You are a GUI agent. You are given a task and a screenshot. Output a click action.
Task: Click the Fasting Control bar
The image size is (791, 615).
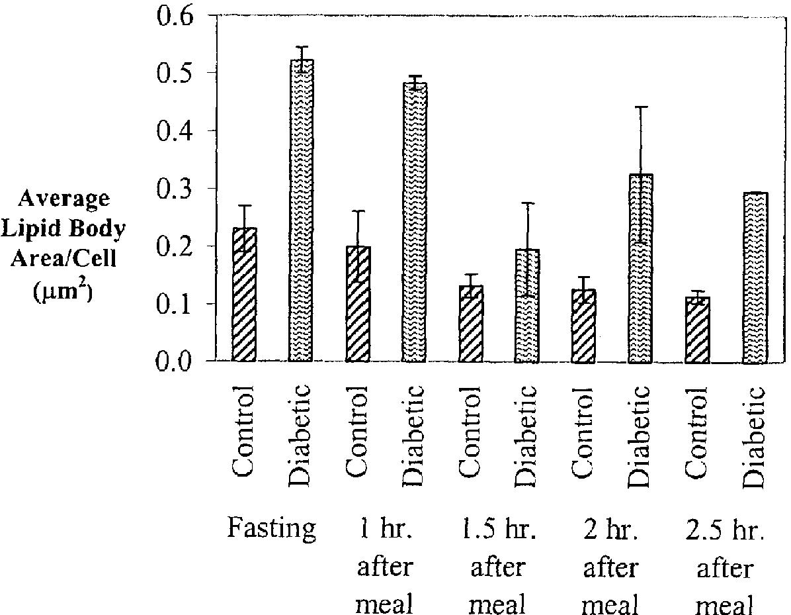click(244, 295)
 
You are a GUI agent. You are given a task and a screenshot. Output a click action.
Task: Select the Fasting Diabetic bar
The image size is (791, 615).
click(301, 211)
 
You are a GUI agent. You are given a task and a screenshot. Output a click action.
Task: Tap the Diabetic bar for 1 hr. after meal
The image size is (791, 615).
click(415, 222)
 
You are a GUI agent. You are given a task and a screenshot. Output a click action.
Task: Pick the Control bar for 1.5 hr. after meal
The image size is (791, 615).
click(471, 324)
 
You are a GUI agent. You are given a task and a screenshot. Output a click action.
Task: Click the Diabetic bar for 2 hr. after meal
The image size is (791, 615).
click(641, 268)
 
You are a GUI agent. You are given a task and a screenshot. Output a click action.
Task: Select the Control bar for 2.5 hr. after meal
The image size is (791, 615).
click(697, 330)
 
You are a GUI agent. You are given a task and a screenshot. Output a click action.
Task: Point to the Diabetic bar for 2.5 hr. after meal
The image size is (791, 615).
click(755, 277)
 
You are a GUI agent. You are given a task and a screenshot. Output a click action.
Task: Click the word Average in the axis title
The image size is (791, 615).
click(63, 199)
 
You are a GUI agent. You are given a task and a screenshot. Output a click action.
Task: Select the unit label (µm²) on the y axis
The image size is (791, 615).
click(63, 291)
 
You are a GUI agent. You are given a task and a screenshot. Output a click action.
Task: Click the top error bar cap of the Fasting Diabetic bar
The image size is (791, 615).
click(302, 46)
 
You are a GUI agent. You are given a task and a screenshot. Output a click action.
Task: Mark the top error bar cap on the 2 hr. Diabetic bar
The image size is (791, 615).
click(641, 107)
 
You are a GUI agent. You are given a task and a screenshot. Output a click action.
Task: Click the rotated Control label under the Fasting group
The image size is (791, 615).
click(243, 431)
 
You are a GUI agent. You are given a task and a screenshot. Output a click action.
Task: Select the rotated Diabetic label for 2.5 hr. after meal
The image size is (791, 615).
click(755, 437)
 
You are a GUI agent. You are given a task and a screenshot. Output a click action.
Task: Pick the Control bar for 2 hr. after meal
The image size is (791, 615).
click(584, 326)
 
